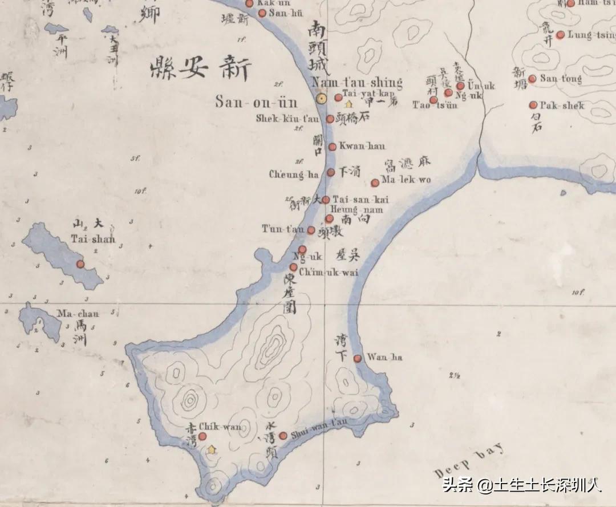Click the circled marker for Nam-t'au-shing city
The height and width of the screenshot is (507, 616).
tap(321, 99)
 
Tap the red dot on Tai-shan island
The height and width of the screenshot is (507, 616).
tap(80, 264)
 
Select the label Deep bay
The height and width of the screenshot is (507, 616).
tap(469, 461)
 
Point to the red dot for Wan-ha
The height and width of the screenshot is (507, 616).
tap(358, 358)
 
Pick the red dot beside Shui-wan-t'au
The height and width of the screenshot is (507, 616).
tap(283, 436)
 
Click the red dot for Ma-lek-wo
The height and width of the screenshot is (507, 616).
tap(375, 182)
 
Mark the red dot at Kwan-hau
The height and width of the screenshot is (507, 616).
tap(333, 147)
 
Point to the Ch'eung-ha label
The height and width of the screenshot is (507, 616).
tap(294, 175)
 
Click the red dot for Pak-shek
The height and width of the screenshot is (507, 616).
tap(533, 105)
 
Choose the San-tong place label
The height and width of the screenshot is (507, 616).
tap(561, 79)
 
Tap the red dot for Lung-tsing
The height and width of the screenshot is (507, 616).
tap(560, 35)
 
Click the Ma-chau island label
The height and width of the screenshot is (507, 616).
tap(78, 314)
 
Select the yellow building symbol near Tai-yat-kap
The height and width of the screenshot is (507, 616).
tap(348, 104)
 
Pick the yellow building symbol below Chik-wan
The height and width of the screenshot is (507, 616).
tap(212, 449)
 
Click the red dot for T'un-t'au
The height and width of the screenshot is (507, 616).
tap(311, 230)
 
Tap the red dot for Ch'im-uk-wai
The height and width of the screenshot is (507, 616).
tap(294, 267)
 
